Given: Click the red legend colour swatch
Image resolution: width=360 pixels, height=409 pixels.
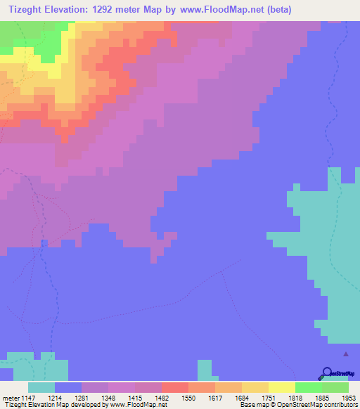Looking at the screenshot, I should point(175,387).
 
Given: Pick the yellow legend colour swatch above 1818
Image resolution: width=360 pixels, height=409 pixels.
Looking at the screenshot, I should point(282,387).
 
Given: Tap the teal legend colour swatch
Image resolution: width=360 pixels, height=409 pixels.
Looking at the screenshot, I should point(41,387).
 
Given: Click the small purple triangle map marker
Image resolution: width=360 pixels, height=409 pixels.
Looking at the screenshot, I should point(345,355).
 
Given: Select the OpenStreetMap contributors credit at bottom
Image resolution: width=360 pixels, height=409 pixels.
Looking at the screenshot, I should point(321,405).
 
